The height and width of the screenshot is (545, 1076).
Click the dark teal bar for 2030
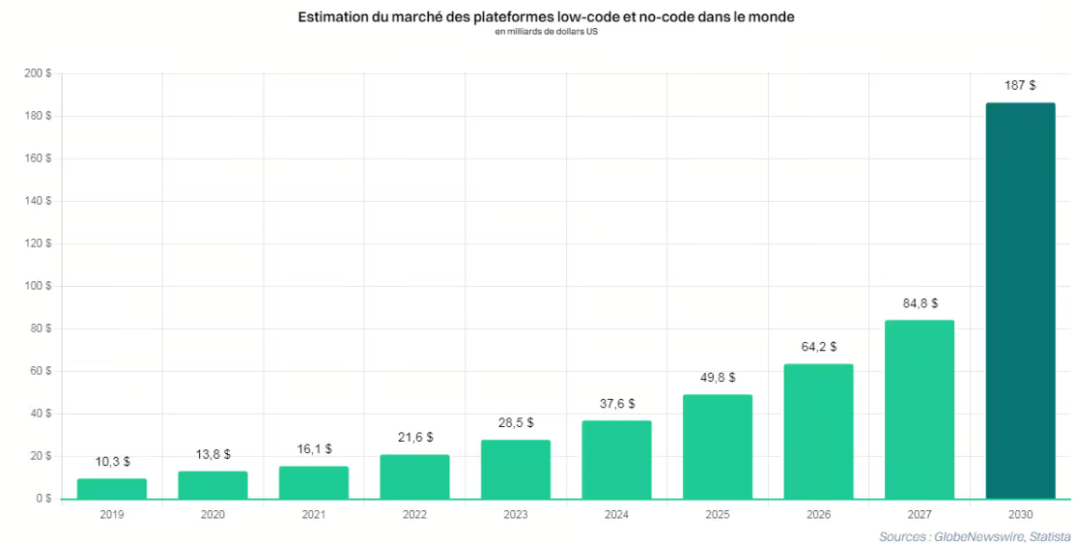pos(1020,301)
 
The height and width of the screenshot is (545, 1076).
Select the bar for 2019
pos(112,489)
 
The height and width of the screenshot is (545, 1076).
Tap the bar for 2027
pos(920,409)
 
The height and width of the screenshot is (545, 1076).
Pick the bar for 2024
pos(616,460)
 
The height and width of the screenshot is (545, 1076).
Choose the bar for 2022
pos(414,476)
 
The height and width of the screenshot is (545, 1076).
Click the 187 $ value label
pos(1020,86)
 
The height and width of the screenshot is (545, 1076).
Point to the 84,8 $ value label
pos(920,303)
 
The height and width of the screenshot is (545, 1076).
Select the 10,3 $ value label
pos(112,462)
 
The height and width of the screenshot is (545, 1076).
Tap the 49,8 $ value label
pos(718,378)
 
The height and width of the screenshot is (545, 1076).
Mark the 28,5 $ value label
pos(516,423)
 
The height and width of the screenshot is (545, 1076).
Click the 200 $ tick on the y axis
pos(38,73)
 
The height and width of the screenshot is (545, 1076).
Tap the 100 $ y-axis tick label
pos(38,286)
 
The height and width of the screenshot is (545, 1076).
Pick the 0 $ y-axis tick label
pos(43,499)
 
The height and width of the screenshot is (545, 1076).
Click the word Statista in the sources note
pos(1048,536)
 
